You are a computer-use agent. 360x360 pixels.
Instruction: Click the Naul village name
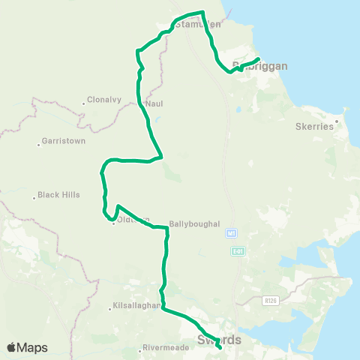155,103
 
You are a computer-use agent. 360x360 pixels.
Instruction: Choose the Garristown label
64,140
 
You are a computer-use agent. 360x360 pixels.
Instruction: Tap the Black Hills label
60,195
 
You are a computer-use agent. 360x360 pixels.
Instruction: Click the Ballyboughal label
194,223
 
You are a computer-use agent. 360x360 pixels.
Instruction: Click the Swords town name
219,340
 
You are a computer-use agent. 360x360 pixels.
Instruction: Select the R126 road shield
269,301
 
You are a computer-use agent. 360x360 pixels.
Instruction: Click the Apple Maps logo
27,347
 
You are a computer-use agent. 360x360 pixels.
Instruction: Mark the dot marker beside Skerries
337,120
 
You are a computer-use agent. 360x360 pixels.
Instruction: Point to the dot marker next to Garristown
38,144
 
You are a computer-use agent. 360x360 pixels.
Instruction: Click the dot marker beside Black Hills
34,198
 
